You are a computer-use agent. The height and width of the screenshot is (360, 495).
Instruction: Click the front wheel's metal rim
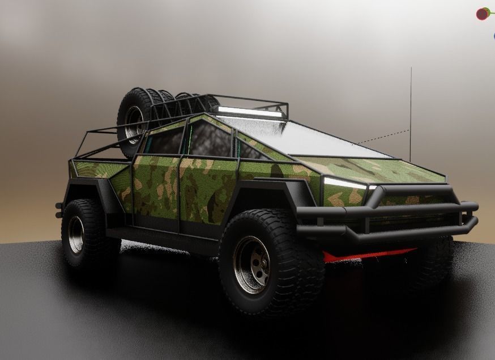click(251, 264)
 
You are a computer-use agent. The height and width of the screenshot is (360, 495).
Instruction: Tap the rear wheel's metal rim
click(76, 234)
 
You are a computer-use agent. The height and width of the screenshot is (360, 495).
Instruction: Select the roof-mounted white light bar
click(250, 112)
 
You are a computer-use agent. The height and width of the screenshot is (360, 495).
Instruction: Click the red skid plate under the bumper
click(368, 255)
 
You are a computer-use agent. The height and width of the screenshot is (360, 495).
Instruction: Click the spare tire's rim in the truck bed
click(134, 124)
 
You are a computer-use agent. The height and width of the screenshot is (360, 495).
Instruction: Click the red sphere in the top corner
click(483, 14)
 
